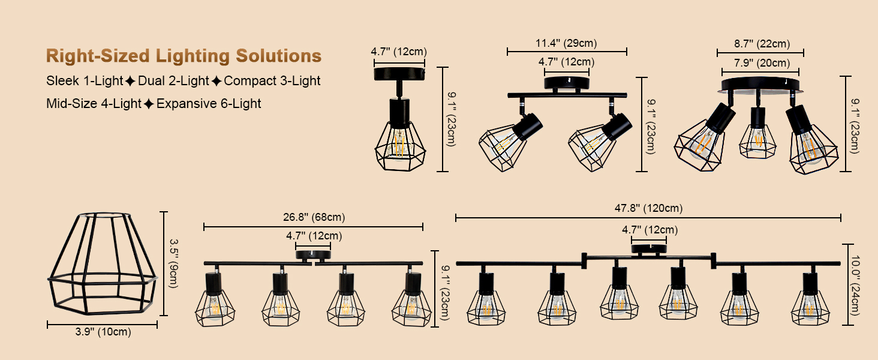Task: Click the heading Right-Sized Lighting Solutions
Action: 184,56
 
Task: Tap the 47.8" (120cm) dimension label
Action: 648,208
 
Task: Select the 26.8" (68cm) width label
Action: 314,217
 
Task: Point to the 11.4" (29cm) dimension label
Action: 566,43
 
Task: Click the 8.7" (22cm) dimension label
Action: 762,44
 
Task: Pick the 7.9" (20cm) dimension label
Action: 762,63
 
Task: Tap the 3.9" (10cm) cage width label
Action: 103,332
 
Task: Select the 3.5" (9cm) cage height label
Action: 174,263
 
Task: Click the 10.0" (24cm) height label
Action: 855,285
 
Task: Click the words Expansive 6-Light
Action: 209,104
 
